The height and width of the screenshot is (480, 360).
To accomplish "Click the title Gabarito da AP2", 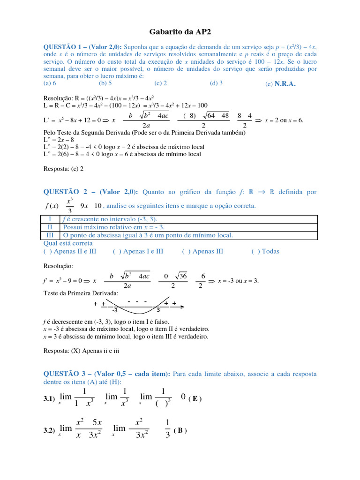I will pyautogui.click(x=180, y=32).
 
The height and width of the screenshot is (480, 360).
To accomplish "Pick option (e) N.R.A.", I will pyautogui.click(x=280, y=84).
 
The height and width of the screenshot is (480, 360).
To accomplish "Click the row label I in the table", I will pyautogui.click(x=50, y=219).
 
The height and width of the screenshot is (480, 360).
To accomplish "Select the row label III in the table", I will pyautogui.click(x=50, y=235).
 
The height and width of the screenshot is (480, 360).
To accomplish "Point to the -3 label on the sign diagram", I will pyautogui.click(x=114, y=310).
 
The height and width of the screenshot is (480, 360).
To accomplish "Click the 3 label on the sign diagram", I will pyautogui.click(x=158, y=310).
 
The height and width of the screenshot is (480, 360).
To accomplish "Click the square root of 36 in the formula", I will pyautogui.click(x=180, y=276).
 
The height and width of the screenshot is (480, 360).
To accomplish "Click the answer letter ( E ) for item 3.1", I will pyautogui.click(x=195, y=399).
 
